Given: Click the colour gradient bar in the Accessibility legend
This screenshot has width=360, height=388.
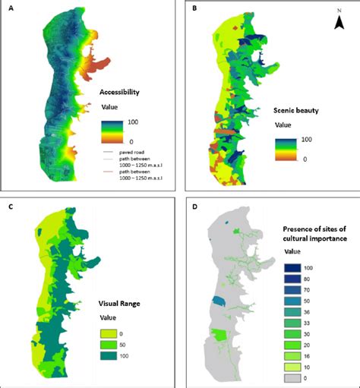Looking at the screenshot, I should coord(114,130).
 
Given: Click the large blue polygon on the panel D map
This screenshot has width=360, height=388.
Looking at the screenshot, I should coord(219,302).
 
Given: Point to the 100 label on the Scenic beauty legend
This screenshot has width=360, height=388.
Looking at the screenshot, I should coord(307,140).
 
